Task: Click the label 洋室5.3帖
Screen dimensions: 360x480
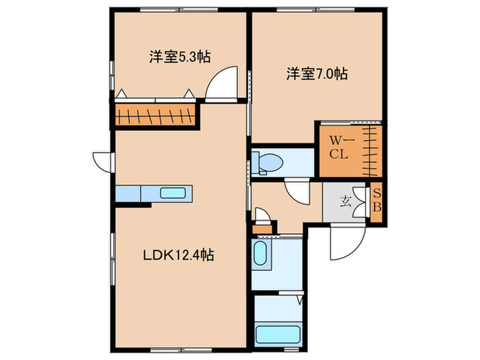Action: click(178, 58)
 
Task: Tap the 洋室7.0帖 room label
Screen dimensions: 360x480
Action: click(316, 73)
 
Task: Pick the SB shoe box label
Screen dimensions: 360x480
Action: click(376, 202)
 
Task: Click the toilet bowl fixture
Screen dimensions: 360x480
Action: click(272, 163)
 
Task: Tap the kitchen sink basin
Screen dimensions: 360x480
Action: click(171, 193)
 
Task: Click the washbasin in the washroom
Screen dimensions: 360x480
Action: click(261, 254)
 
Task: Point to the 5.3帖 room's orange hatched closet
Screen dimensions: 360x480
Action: click(156, 115)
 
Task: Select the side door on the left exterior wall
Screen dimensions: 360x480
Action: click(103, 161)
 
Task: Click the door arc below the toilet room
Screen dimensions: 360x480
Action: click(299, 190)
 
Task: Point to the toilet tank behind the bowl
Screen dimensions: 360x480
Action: click(255, 163)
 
